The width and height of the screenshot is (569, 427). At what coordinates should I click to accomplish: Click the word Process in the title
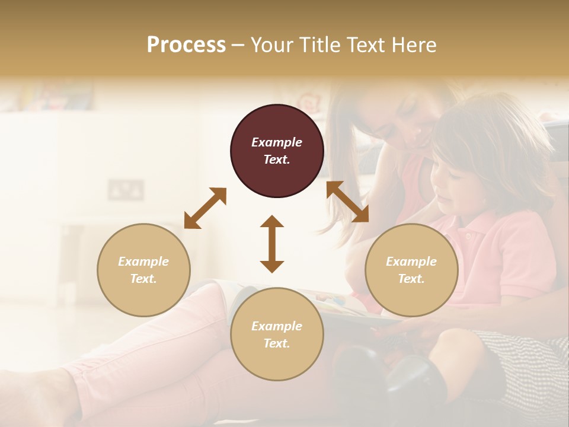pos(186,45)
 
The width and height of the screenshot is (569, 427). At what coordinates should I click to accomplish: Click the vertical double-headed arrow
pos(272,244)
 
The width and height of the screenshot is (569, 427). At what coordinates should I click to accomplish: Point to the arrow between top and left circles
pos(205,208)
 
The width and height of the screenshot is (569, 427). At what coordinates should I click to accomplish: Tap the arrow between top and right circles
pos(347,202)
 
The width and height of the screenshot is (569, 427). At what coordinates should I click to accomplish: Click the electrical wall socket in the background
pos(126,190)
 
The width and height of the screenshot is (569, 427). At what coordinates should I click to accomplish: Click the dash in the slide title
pos(238,46)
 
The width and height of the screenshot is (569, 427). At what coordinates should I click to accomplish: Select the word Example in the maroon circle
pos(277,142)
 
